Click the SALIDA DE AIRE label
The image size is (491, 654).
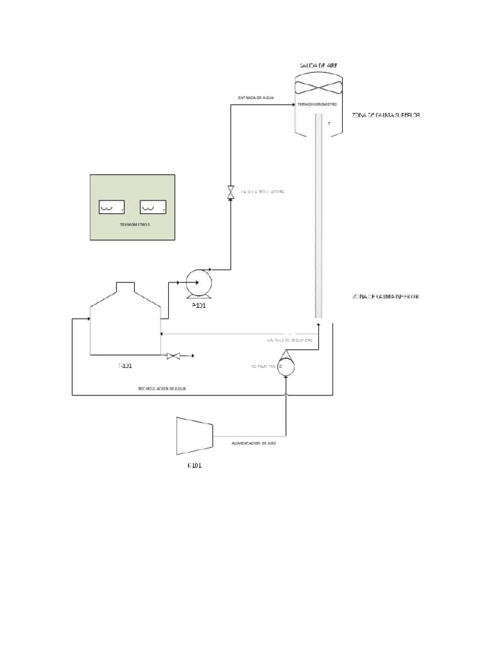[x=318, y=65]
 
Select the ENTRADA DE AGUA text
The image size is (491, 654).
[x=256, y=98]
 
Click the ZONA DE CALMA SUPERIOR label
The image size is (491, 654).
[x=385, y=115]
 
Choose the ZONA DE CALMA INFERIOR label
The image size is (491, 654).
[x=385, y=297]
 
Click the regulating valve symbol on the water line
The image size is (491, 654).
[x=231, y=192]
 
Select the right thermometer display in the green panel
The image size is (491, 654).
[x=153, y=208]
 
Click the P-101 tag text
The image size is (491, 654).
[x=199, y=306]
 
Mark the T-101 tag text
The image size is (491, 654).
[x=125, y=367]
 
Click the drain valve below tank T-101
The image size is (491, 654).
[x=172, y=356]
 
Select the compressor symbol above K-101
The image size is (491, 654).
[x=194, y=436]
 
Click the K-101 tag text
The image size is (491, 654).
[x=194, y=466]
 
